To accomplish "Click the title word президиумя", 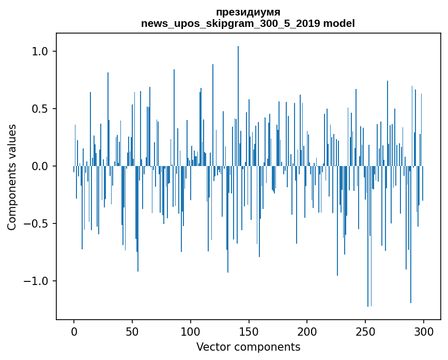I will (x=248, y=12).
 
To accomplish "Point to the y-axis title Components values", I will (x=12, y=177).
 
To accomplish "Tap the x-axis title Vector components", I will (x=248, y=347).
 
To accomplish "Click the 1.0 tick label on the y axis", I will (x=39, y=51).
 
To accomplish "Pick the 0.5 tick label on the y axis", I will (x=39, y=109).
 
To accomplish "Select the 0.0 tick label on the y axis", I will (x=39, y=166).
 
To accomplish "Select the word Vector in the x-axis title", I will (x=213, y=347).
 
